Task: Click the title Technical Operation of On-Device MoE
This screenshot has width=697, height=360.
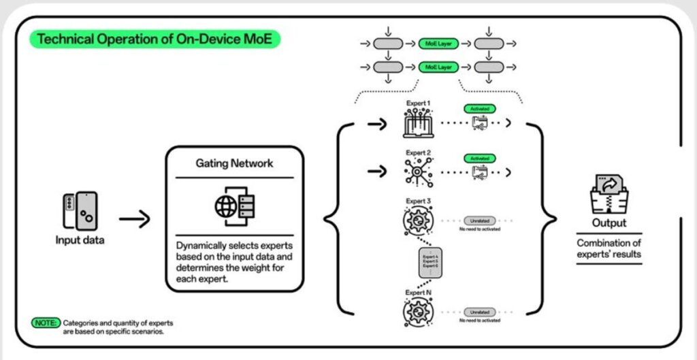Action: (155, 39)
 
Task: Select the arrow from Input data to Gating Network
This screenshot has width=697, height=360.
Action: (135, 219)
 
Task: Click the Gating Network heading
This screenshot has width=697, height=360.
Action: (234, 164)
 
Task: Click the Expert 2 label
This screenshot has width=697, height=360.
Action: (419, 153)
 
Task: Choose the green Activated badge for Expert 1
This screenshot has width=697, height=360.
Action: (480, 108)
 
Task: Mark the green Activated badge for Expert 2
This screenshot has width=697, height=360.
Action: (480, 158)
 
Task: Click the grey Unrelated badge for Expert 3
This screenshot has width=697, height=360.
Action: (480, 220)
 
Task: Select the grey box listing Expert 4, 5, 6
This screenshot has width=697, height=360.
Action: (430, 262)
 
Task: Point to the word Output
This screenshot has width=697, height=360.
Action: (609, 223)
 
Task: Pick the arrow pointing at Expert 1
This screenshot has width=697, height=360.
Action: (376, 125)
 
